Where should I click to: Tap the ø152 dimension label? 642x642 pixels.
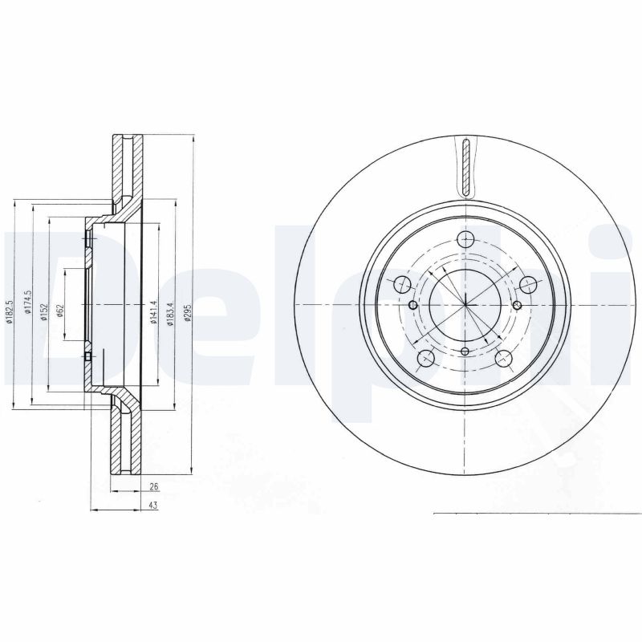coord(45,309)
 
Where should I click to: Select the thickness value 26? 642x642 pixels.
coord(153,486)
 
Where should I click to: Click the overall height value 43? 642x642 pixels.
coord(152,505)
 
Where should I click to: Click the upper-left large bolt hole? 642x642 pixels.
coord(402,284)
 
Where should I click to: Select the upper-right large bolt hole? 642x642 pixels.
coord(528,284)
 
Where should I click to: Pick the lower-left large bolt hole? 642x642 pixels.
coord(427,358)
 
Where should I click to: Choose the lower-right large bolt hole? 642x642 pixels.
coord(504,358)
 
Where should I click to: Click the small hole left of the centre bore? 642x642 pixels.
coord(413,305)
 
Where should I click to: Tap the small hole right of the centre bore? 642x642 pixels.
coord(518,305)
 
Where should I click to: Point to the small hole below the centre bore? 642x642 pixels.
coord(465,351)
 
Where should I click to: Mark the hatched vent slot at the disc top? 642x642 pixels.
coord(465,167)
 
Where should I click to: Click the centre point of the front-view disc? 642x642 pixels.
coord(465,305)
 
